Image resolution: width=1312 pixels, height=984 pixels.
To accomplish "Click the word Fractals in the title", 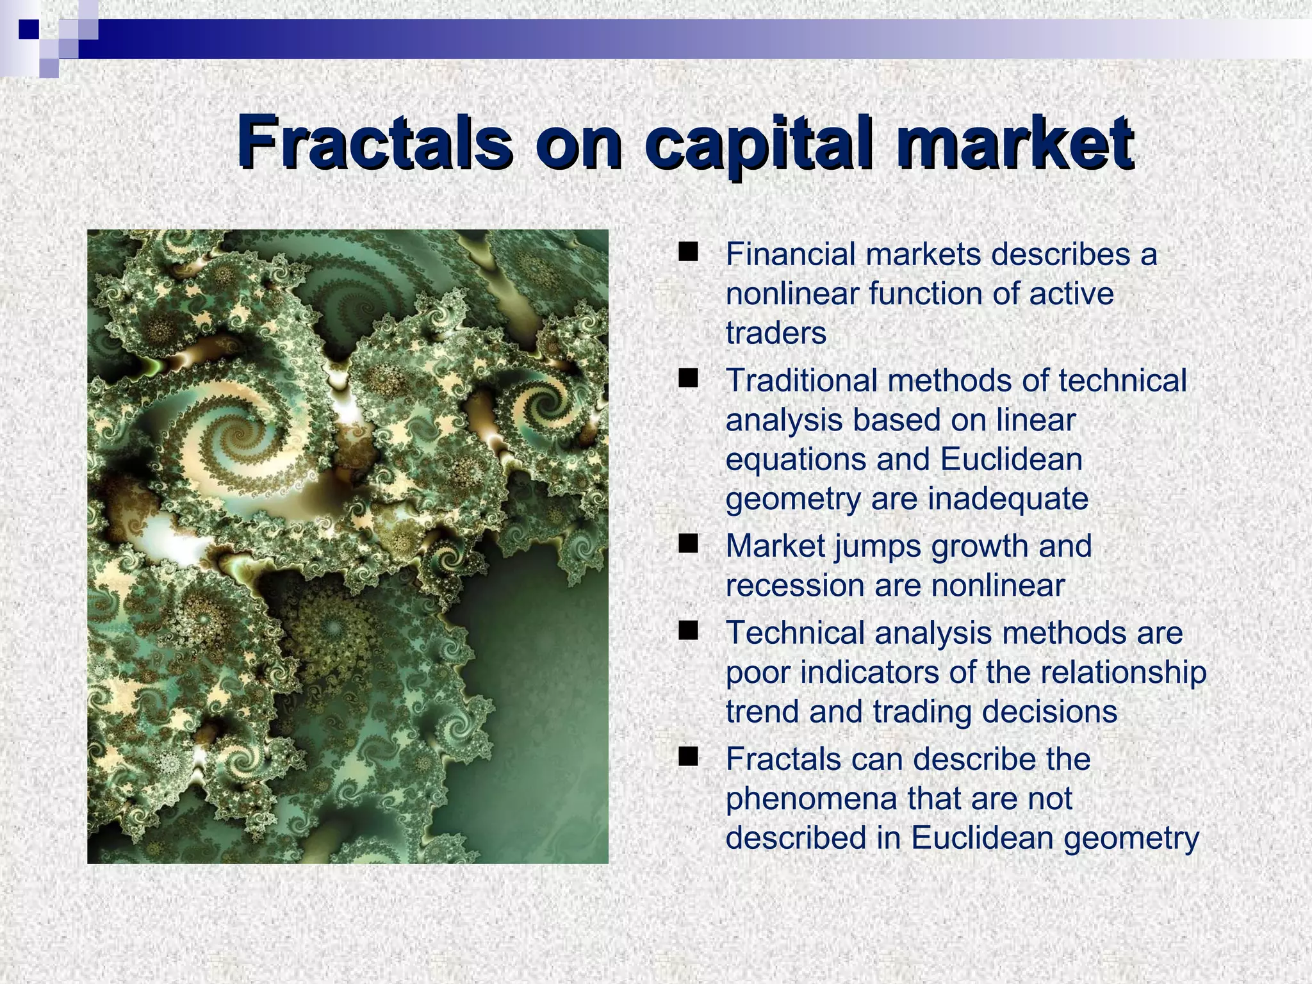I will [374, 142].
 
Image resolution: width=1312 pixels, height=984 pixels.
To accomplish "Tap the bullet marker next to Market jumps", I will [689, 544].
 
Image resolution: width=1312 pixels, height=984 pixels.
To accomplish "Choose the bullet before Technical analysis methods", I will [689, 631].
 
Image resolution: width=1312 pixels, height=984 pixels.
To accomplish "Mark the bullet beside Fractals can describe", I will [689, 757].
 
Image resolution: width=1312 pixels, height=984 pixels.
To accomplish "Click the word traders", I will [776, 333].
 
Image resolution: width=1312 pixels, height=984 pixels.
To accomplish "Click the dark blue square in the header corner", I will [28, 28].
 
